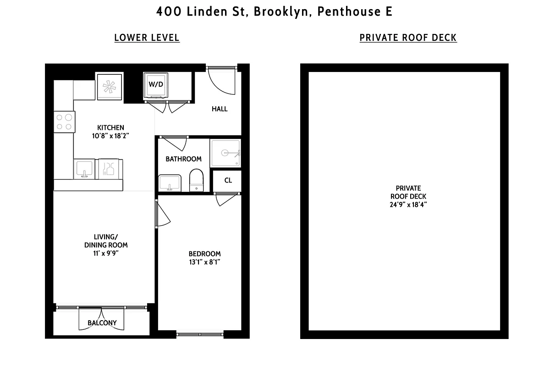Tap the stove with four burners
pyautogui.click(x=64, y=122)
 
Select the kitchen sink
pyautogui.click(x=84, y=169)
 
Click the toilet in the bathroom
pyautogui.click(x=196, y=180)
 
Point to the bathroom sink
pyautogui.click(x=170, y=183)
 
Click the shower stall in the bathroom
pyautogui.click(x=225, y=153)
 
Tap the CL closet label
pyautogui.click(x=228, y=180)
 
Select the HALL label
pyautogui.click(x=220, y=109)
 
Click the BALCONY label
pyautogui.click(x=102, y=323)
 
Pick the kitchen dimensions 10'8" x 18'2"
pyautogui.click(x=110, y=136)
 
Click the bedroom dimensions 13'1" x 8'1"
pyautogui.click(x=204, y=262)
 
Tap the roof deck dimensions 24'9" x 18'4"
pyautogui.click(x=408, y=205)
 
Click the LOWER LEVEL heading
pyautogui.click(x=147, y=38)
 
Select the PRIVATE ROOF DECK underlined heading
pyautogui.click(x=408, y=38)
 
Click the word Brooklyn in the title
pyautogui.click(x=281, y=12)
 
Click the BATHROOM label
pyautogui.click(x=183, y=159)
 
